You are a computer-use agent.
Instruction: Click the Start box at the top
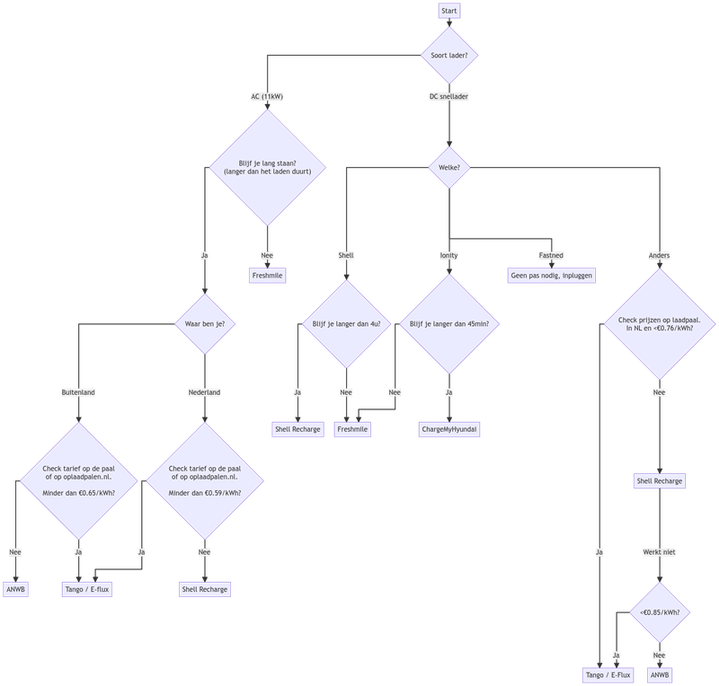449,12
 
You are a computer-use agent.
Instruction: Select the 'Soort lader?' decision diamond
449,55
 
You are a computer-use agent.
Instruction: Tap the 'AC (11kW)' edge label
267,96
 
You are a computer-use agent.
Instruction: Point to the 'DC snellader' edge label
449,96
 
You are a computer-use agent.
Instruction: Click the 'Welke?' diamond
449,165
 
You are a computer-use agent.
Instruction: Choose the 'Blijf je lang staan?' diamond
267,165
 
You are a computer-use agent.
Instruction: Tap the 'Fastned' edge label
552,256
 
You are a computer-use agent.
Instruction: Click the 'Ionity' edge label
449,256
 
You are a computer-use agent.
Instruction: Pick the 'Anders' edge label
660,256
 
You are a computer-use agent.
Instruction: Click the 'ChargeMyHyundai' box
449,429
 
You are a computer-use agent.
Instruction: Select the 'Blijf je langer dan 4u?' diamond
346,323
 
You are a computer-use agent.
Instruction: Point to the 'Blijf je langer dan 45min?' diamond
449,323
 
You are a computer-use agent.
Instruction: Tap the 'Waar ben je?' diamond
205,323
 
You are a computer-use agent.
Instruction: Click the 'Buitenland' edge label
79,392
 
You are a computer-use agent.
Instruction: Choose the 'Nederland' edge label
205,392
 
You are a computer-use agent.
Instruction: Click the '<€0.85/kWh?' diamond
660,612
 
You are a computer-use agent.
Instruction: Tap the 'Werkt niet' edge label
660,551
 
